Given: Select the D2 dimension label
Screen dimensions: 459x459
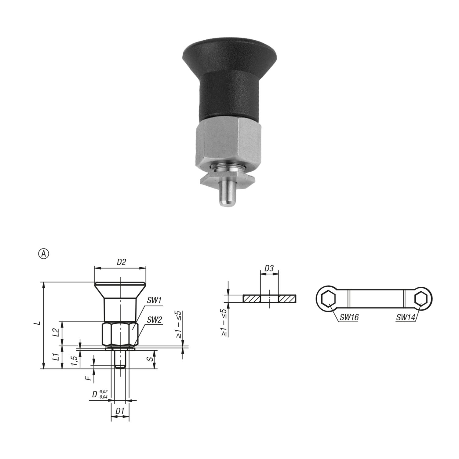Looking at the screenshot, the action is point(121,262).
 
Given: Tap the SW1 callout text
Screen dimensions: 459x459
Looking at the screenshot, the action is point(154,301).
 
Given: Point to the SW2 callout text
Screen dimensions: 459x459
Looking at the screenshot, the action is point(155,320).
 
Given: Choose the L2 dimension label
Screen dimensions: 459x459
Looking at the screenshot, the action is point(56,332).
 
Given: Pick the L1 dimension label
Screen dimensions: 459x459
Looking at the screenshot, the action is point(56,357).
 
